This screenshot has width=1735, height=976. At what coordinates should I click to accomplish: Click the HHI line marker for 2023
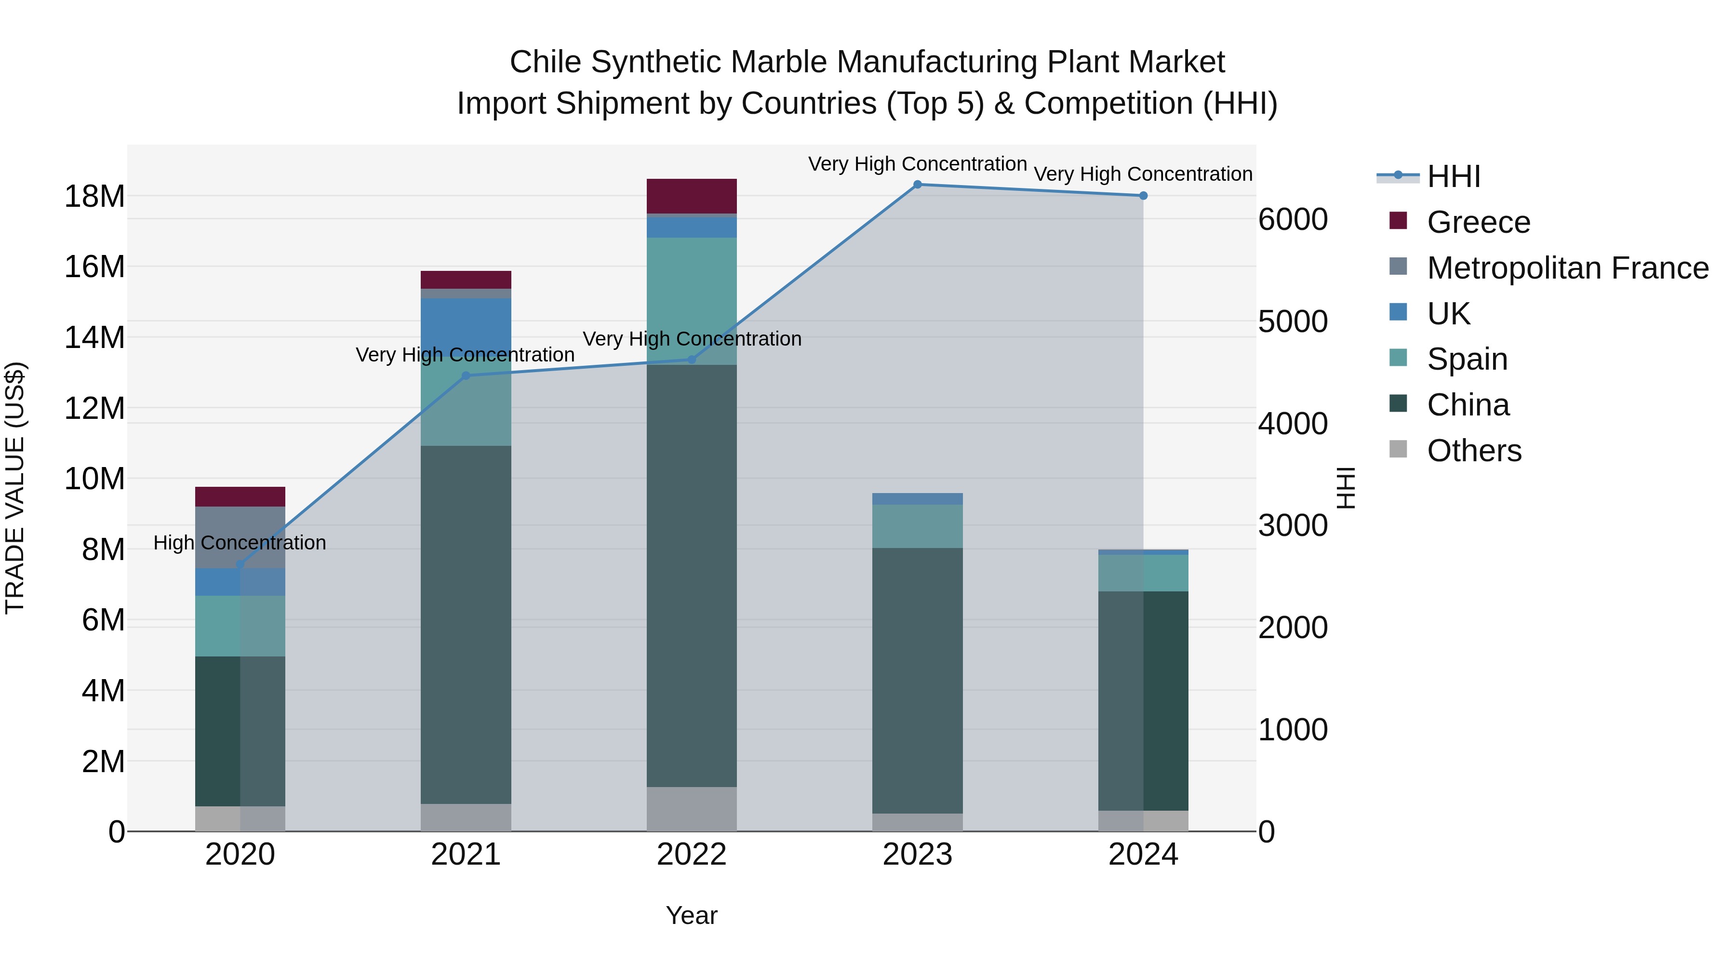[x=917, y=185]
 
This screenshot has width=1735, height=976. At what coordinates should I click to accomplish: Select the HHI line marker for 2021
[x=466, y=376]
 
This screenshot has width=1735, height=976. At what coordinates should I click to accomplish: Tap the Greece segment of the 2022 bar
[x=692, y=196]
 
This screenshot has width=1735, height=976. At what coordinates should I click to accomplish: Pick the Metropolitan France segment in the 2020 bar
[x=240, y=537]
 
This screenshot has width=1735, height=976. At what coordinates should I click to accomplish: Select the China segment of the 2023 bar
[x=917, y=680]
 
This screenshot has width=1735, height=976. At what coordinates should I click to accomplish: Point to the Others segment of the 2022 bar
[x=692, y=809]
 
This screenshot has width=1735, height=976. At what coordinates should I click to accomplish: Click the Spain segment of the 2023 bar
[x=917, y=526]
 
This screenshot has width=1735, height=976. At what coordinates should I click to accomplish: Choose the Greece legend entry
[x=1479, y=222]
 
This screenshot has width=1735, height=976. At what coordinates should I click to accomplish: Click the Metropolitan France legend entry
[x=1567, y=268]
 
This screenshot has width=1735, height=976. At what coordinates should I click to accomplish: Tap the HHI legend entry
[x=1454, y=176]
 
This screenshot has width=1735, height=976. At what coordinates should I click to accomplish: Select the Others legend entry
[x=1474, y=451]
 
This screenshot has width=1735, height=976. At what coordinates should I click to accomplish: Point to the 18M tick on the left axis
[x=94, y=197]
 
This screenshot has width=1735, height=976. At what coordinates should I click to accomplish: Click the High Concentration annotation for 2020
[x=240, y=543]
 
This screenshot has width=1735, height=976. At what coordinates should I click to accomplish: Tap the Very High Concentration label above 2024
[x=1143, y=174]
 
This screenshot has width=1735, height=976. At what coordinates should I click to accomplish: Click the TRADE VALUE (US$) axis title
[x=15, y=488]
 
